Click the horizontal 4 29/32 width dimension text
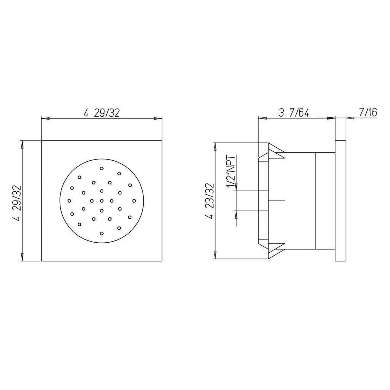101,113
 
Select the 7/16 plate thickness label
368,112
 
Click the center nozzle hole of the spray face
102,201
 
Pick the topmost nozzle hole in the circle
102,168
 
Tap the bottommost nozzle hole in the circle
102,233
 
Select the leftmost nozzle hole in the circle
69,201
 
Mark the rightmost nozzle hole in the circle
134,201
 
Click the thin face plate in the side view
340,201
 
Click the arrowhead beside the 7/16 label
350,118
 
